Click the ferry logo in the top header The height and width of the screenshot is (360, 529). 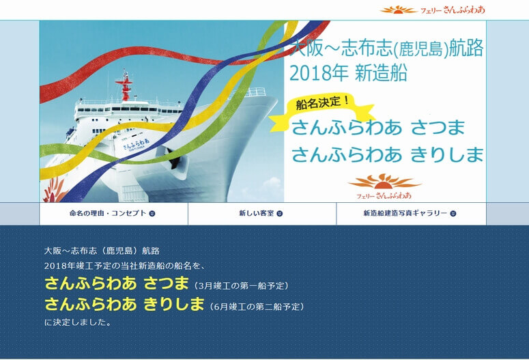433,10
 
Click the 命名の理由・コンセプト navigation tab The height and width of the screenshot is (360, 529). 113,213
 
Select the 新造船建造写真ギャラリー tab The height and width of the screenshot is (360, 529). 410,213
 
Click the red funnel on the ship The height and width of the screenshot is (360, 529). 124,87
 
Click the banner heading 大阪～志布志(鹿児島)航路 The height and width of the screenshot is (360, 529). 387,48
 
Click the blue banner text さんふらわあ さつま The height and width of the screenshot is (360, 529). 379,128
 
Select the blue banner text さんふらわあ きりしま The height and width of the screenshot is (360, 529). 388,154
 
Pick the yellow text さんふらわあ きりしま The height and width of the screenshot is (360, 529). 124,304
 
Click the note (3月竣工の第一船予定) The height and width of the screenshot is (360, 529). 241,285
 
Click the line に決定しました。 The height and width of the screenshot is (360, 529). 78,322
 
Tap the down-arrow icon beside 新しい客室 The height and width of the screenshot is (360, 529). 280,213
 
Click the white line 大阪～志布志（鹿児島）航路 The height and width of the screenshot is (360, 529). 102,251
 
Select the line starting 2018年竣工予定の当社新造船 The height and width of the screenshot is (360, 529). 130,265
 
